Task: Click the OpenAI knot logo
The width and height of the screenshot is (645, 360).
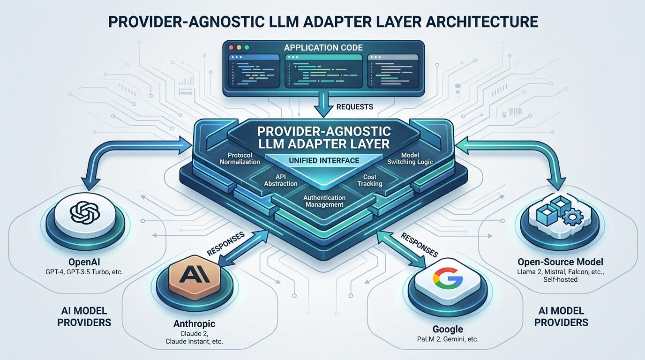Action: tap(85, 212)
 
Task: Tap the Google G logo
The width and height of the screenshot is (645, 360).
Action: tap(448, 278)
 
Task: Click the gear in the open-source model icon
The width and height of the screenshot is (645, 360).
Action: tap(573, 217)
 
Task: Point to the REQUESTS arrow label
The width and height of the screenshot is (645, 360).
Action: tap(355, 107)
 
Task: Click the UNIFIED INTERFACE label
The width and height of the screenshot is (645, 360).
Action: tap(324, 160)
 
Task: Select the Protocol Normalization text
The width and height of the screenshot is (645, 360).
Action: tap(240, 158)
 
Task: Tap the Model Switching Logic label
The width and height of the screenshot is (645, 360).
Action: tap(410, 158)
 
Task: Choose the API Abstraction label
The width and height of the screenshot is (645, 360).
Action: tap(281, 180)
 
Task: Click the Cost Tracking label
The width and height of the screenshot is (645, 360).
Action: tap(370, 180)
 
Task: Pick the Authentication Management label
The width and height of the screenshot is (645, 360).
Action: tap(324, 201)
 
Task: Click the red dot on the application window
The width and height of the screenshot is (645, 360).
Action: tap(231, 47)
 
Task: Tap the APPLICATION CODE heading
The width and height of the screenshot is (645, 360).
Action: tap(323, 47)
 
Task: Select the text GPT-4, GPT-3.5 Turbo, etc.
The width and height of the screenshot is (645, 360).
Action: tap(84, 271)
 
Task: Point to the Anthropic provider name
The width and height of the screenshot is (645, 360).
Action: tap(195, 323)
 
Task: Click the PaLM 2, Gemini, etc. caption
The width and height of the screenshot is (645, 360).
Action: tap(448, 339)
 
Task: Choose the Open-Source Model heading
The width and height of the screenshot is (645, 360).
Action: tap(560, 262)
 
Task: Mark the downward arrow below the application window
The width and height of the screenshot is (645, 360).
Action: tap(323, 105)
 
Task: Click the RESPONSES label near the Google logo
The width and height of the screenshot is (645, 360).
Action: tap(420, 245)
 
